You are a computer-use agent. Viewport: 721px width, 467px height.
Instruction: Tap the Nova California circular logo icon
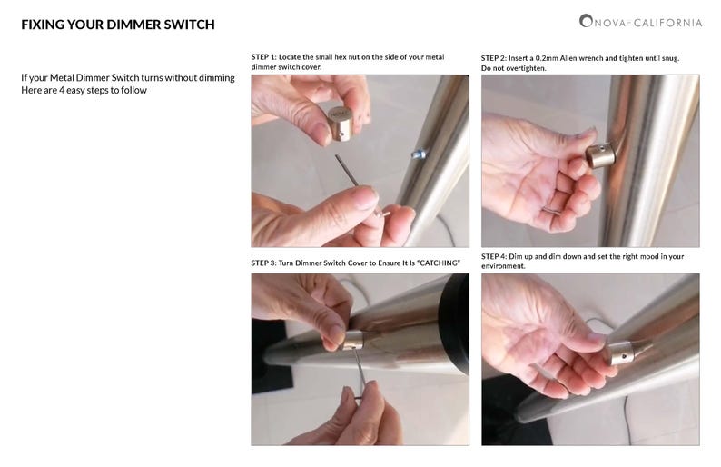[x=586, y=21]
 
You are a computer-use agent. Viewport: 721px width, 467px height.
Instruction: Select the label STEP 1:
[x=263, y=57]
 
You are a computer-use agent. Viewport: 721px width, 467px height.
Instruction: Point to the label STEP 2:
[x=494, y=58]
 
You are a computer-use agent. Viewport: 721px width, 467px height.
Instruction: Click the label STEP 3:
[x=263, y=263]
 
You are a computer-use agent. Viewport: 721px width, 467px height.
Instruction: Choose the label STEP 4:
[x=494, y=256]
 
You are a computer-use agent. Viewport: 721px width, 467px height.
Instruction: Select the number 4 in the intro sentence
[x=62, y=90]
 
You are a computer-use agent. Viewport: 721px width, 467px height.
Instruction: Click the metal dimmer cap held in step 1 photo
[x=342, y=123]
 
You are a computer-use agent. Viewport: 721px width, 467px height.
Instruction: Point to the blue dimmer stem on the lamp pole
[x=418, y=154]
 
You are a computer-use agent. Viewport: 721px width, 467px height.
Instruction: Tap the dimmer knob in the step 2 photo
[x=599, y=155]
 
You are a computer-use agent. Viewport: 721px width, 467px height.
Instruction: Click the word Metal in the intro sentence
[x=62, y=78]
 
